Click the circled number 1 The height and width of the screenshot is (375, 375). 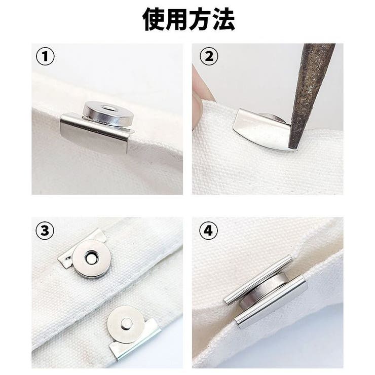coord(45,57)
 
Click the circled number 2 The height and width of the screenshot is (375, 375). coord(209,57)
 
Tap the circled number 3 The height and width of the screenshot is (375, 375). coord(45,231)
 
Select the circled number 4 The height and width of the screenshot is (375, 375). coord(209,231)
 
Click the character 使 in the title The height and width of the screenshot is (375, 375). coord(154,19)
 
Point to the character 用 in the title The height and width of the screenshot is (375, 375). coord(176,19)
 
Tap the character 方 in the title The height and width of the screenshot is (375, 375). coord(200,19)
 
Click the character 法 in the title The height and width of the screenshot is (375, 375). coord(223,19)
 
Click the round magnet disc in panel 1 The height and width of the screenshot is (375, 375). coord(108,113)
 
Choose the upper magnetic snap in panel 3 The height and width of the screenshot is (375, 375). coord(92,259)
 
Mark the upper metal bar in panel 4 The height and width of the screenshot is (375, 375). coord(258,279)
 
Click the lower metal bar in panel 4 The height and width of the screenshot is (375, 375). coord(271,302)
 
